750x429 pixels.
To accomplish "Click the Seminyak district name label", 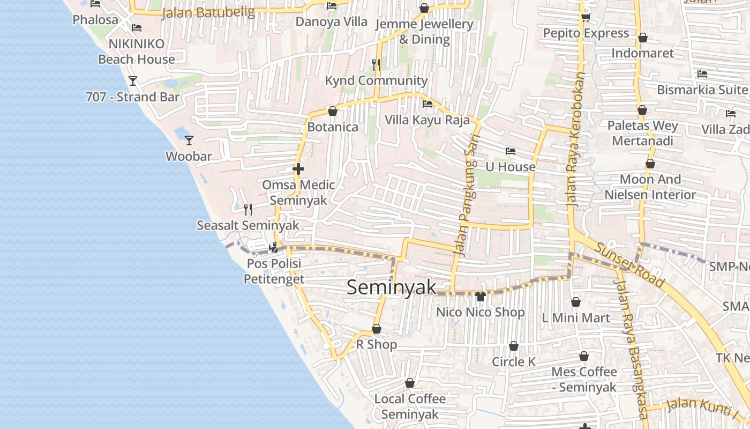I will (392, 287).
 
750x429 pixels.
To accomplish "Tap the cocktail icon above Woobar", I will (189, 140).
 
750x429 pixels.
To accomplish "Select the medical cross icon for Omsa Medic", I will (298, 169).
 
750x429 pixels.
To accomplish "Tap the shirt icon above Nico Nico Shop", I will (480, 296).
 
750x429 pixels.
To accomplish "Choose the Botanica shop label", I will (333, 127).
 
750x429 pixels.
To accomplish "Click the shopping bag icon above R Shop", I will (377, 329).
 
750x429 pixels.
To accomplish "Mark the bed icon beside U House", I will (510, 151).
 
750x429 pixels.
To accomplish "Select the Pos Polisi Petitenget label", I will (274, 271).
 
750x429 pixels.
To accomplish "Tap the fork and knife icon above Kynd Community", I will (376, 65).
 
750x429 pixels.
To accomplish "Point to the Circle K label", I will (514, 362).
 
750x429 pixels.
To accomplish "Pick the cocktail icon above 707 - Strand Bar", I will (133, 81).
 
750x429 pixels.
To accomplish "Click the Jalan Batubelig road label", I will (208, 13).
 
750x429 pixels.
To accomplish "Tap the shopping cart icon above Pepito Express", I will (586, 18).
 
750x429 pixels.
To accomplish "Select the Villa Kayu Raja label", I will (427, 120).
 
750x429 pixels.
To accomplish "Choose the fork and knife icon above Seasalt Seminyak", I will (248, 209).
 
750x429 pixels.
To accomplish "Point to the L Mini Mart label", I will (576, 318).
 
